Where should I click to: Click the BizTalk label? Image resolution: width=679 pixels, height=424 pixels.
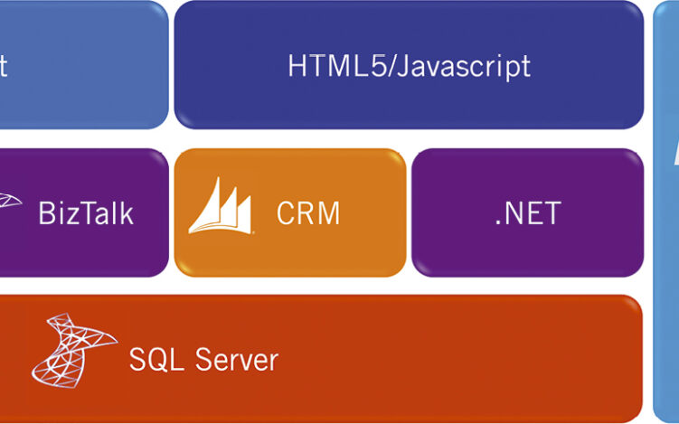pyautogui.click(x=86, y=213)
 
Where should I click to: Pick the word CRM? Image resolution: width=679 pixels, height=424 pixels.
pyautogui.click(x=308, y=213)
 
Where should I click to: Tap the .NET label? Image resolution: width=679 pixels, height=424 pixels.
pyautogui.click(x=528, y=213)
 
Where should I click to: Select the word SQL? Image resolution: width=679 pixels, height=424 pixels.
pyautogui.click(x=151, y=359)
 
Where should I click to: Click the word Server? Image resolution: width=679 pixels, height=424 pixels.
pyautogui.click(x=230, y=359)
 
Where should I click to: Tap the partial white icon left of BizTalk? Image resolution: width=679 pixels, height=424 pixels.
pyautogui.click(x=9, y=201)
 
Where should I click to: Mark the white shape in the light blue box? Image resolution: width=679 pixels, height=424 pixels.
pyautogui.click(x=675, y=154)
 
